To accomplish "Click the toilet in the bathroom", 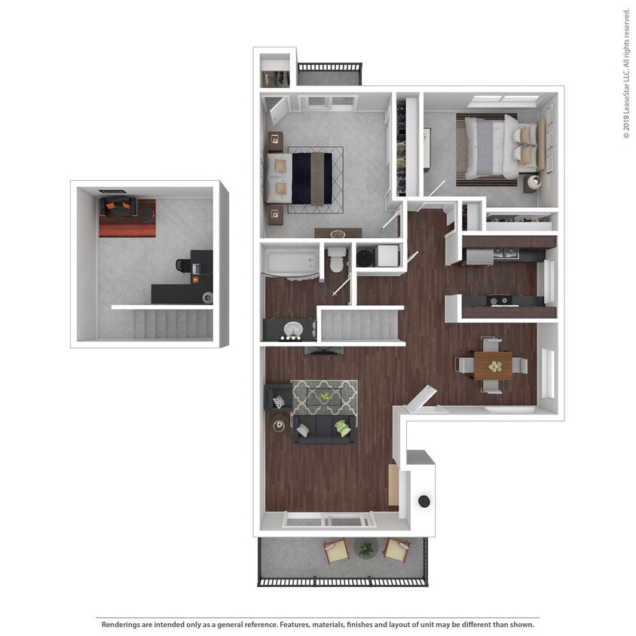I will point(336,258).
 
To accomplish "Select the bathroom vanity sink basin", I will point(293,330).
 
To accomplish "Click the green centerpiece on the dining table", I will point(494,366).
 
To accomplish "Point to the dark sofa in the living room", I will point(324,430).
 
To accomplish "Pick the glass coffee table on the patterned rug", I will point(324,396).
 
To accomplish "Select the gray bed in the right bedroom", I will point(491,146).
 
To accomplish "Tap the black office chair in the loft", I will point(183,266).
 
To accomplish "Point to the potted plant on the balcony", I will point(365,548).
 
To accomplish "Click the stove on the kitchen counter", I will point(498,300).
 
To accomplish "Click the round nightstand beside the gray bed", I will point(533,182).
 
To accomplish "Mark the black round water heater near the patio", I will point(424,501).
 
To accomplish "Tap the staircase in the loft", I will point(173,323).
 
